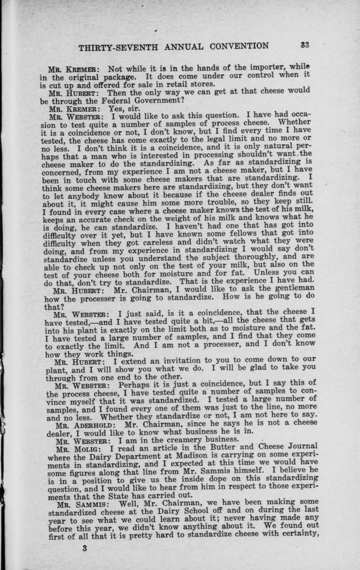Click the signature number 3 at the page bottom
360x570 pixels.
click(x=85, y=549)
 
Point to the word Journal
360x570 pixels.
click(x=299, y=446)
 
